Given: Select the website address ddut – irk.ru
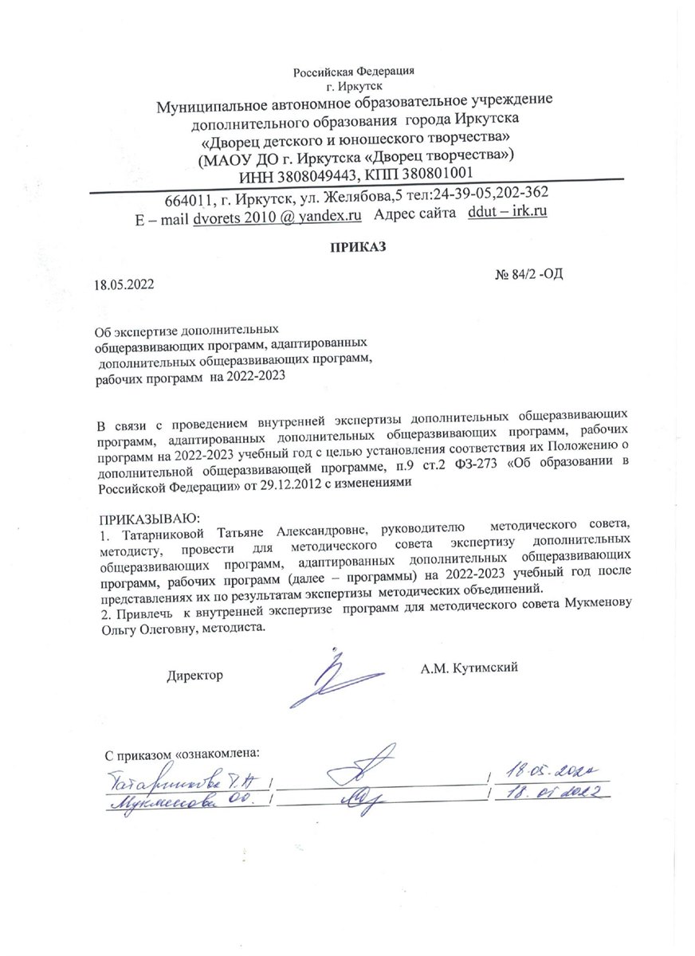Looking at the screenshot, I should click(x=508, y=214).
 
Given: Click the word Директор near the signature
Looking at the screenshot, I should click(x=194, y=676).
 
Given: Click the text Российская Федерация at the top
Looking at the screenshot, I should click(x=354, y=72).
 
